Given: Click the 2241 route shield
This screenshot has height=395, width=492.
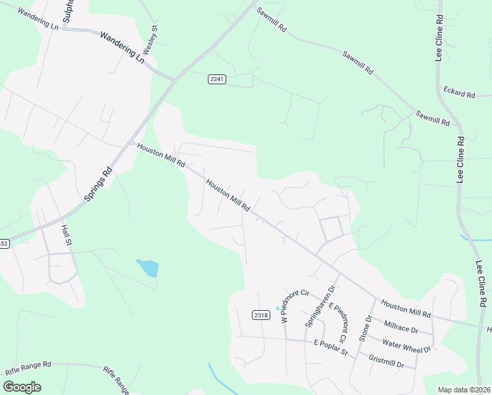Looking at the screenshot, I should pos(217,79).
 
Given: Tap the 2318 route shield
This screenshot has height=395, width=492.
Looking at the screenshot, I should pos(261,315).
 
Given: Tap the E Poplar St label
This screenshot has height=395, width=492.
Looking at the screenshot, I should pos(330,346).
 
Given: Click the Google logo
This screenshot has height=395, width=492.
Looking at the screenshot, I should pos(22,386).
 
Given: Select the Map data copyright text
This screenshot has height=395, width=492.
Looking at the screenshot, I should pos(464,389).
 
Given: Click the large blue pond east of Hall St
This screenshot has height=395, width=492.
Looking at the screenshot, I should pos(149,268).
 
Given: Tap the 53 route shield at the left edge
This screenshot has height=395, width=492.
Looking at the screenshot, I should pos(4,244).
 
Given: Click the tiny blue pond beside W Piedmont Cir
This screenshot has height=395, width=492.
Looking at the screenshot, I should pos(278,308).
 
